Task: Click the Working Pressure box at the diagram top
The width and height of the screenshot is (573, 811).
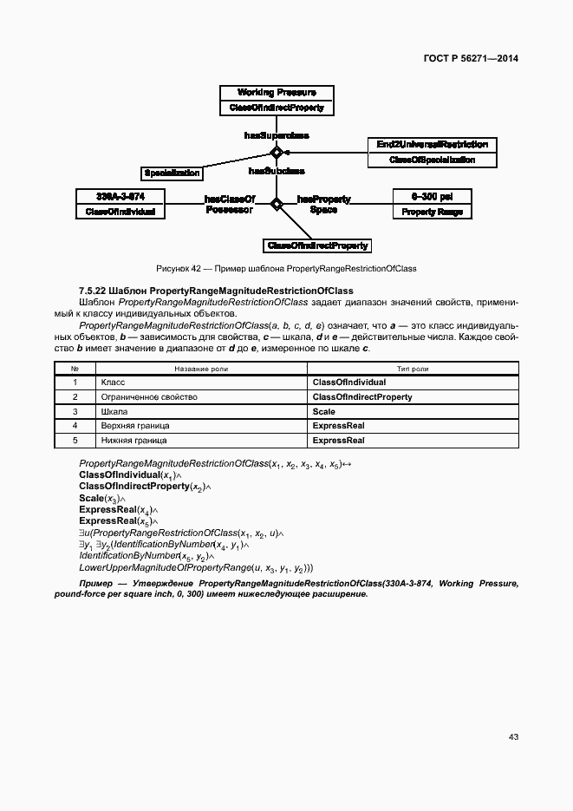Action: [x=277, y=100]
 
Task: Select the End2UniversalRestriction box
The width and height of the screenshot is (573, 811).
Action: [x=432, y=152]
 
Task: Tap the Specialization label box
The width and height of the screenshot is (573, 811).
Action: [x=172, y=173]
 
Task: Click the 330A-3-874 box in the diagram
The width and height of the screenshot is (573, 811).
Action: [x=120, y=204]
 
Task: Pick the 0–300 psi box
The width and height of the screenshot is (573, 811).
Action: [x=432, y=204]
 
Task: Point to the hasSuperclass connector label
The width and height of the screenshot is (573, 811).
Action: [x=277, y=135]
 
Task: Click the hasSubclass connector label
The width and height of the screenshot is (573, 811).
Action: [x=277, y=171]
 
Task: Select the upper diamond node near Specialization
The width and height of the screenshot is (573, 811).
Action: [x=277, y=153]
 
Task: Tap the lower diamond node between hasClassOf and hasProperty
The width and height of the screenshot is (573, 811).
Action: [x=277, y=205]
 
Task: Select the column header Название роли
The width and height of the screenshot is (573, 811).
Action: [x=201, y=369]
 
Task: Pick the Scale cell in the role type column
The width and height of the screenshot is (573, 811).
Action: [x=323, y=411]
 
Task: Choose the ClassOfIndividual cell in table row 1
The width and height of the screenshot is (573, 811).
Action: [x=349, y=383]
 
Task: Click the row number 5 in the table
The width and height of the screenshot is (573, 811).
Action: [x=75, y=441]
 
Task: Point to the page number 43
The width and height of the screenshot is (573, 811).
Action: [x=513, y=737]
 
